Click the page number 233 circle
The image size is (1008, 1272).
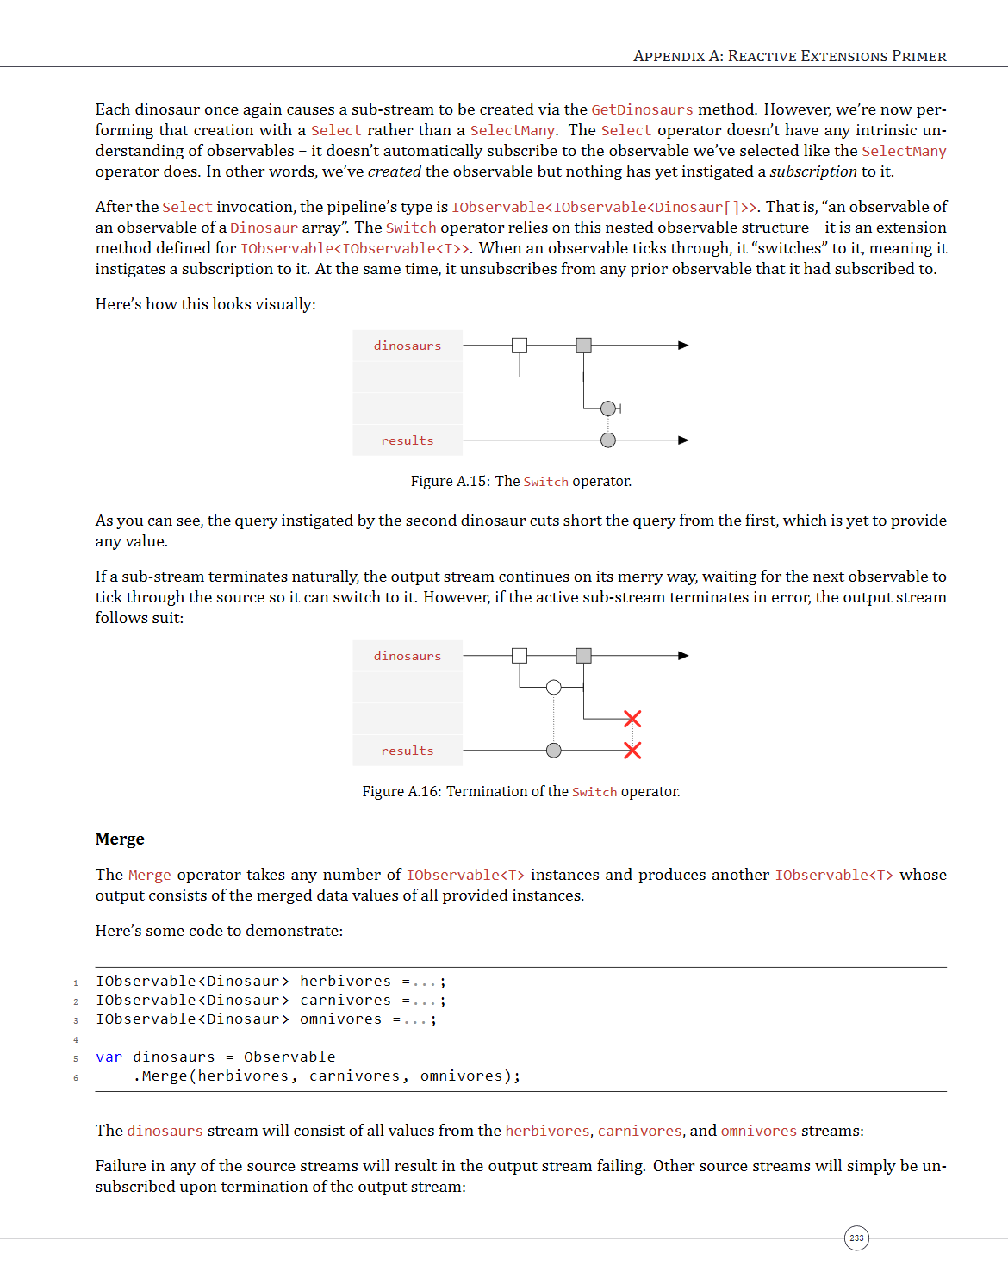click(856, 1238)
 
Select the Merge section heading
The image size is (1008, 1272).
click(120, 839)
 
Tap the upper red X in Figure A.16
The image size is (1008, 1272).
click(632, 719)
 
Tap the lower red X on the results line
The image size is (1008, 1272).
click(632, 751)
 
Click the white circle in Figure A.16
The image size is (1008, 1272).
click(554, 687)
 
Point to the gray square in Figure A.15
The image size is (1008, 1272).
click(583, 346)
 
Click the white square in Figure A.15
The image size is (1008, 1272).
click(520, 346)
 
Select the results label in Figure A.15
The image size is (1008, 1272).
click(408, 440)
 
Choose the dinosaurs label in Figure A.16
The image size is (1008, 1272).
click(408, 656)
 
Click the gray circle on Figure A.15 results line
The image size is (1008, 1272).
click(608, 440)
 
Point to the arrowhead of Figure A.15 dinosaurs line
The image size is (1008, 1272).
click(683, 346)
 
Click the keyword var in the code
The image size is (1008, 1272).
click(109, 1057)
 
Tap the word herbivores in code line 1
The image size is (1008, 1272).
click(345, 982)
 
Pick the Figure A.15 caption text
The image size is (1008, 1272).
click(520, 481)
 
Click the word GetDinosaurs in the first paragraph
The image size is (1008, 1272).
click(642, 109)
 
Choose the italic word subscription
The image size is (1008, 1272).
click(813, 171)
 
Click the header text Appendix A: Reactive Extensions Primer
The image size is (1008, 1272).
click(789, 56)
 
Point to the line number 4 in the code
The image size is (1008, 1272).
click(76, 1040)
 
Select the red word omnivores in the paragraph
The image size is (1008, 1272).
click(758, 1131)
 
